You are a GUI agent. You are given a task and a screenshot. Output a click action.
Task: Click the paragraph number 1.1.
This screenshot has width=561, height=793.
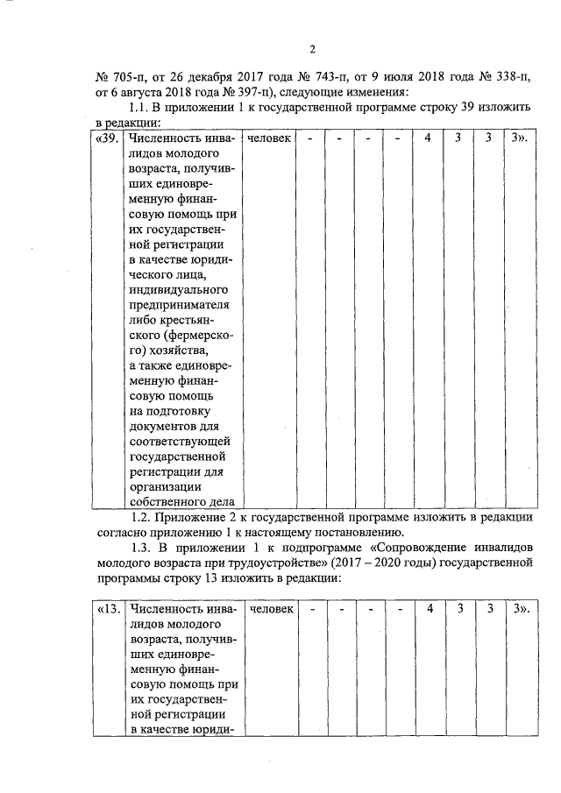coord(140,107)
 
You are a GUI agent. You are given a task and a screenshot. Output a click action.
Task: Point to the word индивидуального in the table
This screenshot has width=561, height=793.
coord(179,289)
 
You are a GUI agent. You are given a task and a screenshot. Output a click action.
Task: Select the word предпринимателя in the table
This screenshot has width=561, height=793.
coord(179,304)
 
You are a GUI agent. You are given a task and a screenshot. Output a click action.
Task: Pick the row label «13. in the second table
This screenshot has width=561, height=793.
coord(107,607)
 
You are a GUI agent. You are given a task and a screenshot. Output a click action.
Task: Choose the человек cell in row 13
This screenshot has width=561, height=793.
coord(271,607)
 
